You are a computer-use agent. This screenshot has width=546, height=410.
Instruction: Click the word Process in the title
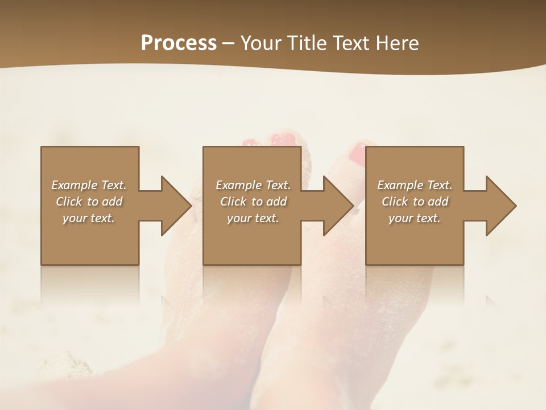click(x=179, y=43)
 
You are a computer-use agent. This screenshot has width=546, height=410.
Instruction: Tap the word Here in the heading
click(x=398, y=43)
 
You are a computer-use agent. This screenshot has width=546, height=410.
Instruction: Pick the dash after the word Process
click(x=229, y=44)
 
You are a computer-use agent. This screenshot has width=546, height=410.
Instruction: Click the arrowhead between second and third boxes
click(x=338, y=206)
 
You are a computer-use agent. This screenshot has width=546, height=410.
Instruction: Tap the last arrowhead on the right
click(x=500, y=206)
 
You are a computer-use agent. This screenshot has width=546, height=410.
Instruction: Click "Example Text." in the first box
click(x=89, y=185)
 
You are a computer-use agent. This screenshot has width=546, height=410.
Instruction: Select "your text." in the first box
click(x=89, y=218)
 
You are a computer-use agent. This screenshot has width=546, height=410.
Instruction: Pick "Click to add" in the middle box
click(x=253, y=202)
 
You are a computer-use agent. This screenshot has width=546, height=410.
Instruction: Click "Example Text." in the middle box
click(x=253, y=185)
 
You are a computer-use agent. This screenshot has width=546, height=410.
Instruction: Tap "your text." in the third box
click(x=415, y=218)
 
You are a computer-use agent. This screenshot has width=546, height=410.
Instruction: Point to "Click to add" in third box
click(x=415, y=202)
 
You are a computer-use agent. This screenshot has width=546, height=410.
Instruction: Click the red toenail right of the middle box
click(x=358, y=153)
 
